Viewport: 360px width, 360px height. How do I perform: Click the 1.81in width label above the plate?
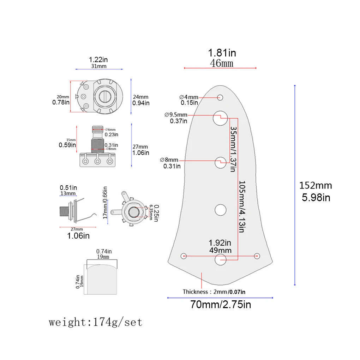(x=222, y=53)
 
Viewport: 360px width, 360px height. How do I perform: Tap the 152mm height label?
(x=316, y=186)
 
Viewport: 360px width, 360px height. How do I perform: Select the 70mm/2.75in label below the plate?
(x=221, y=305)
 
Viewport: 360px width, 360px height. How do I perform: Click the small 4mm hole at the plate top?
(x=220, y=97)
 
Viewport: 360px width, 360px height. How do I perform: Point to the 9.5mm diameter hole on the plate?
(x=220, y=118)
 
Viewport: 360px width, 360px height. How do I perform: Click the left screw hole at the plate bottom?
(x=184, y=256)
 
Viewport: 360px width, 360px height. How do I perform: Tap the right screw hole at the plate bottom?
(x=257, y=256)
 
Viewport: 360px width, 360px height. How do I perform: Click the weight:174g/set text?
(x=96, y=322)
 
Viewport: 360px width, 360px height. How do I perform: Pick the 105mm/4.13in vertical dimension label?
(x=242, y=206)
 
